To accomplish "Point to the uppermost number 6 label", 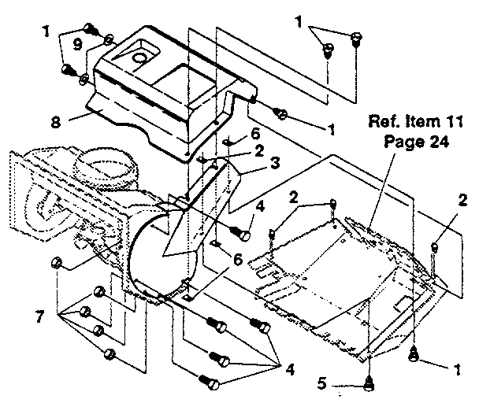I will point(233,135).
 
